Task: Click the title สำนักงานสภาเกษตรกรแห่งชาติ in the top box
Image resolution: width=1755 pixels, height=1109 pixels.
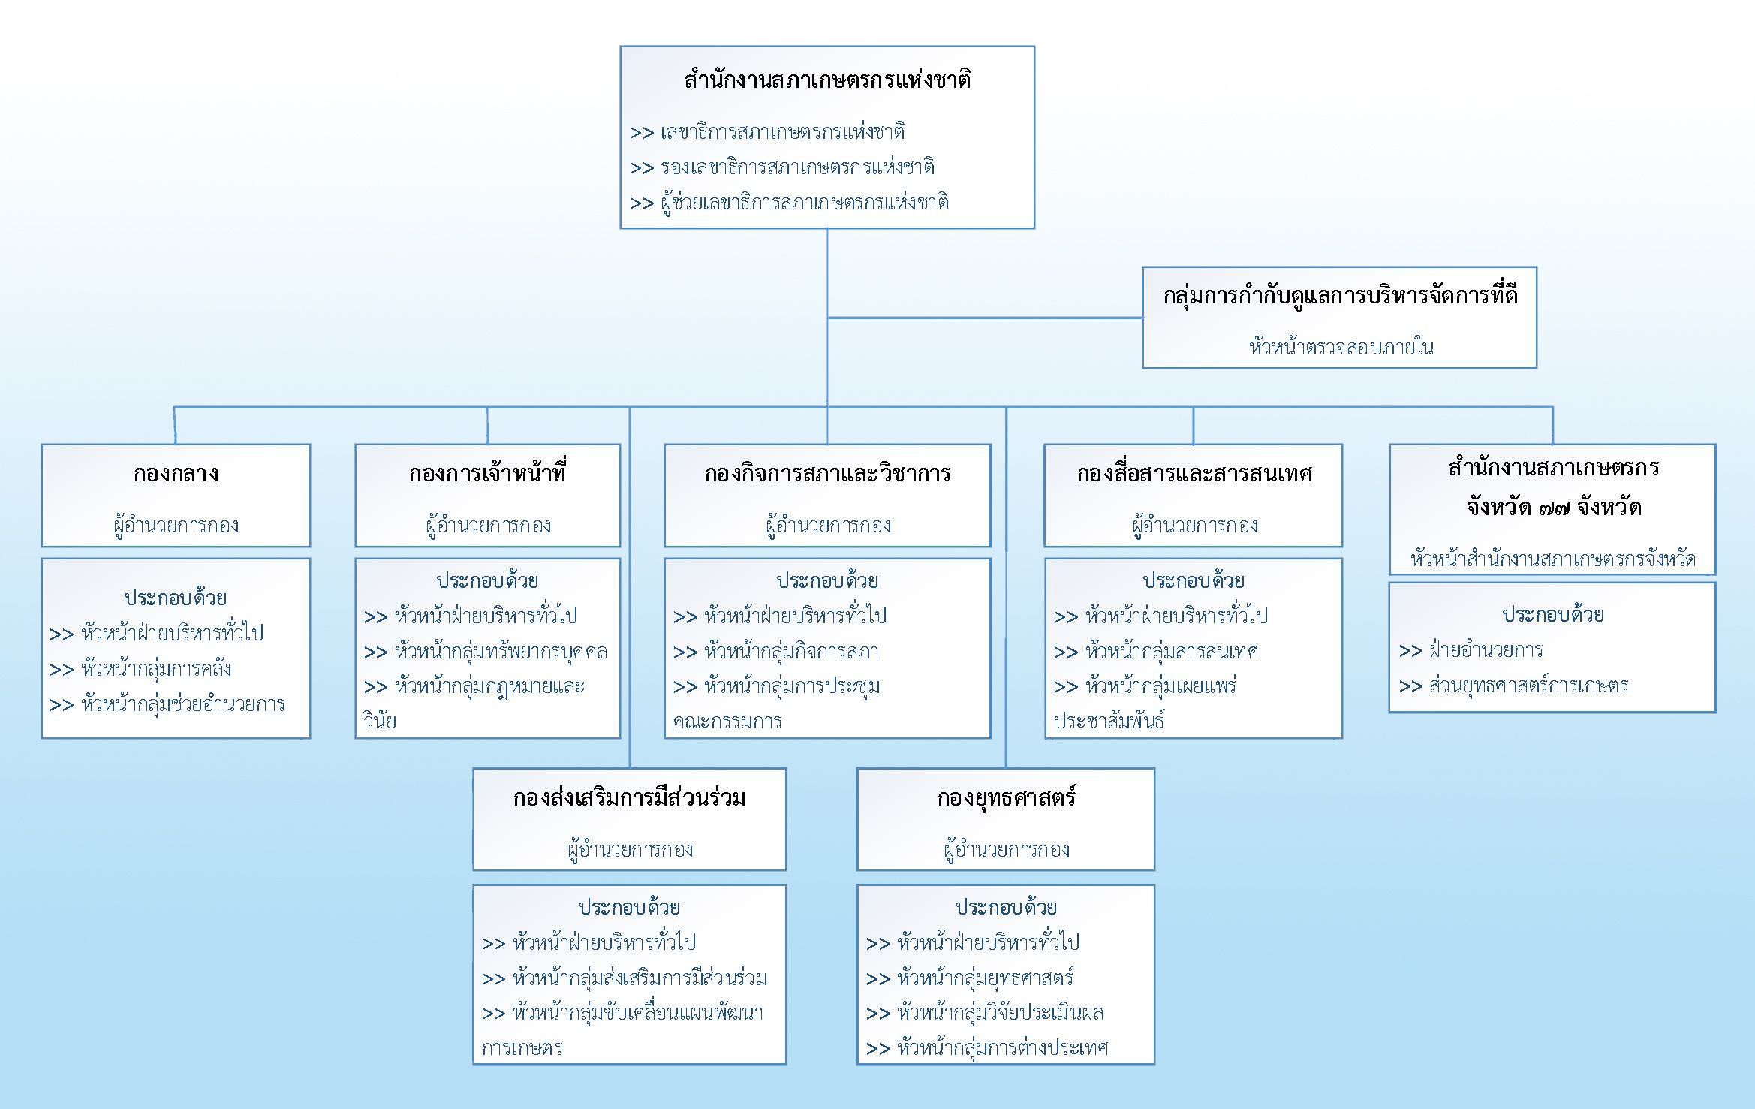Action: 827,80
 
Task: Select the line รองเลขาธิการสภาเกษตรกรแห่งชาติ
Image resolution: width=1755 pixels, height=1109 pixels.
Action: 797,167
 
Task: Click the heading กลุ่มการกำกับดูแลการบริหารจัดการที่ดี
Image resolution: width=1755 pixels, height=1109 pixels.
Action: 1340,296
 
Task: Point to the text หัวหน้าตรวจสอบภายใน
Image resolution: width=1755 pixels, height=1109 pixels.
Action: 1341,347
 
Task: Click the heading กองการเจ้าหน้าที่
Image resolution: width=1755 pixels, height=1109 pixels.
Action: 487,473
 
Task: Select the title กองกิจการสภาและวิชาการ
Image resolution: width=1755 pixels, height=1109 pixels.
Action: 827,473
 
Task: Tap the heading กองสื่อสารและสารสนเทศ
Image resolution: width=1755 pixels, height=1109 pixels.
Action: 1194,473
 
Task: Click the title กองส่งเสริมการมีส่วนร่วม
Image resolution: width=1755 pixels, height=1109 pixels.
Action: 629,797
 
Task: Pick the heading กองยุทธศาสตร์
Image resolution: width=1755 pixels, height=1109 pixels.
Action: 1006,797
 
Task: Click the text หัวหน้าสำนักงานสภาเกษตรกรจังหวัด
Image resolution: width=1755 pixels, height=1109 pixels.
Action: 1552,559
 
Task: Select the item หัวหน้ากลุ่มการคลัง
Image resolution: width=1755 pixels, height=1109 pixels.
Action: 155,668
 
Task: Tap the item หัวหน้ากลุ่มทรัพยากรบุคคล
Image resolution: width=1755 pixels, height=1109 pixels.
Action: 501,651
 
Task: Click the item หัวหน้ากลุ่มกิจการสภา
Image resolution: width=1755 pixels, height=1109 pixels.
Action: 791,651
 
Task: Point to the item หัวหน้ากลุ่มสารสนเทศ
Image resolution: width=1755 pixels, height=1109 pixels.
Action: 1172,651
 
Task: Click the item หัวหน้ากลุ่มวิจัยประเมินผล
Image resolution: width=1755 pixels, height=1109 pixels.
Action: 1000,1012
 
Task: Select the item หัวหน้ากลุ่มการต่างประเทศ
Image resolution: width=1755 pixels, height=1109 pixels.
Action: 1002,1047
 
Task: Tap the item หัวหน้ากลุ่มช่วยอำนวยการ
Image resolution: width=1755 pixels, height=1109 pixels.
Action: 182,704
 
